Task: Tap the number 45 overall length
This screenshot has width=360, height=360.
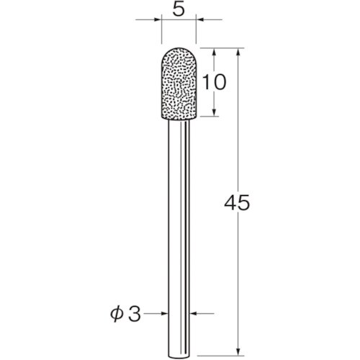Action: pos(238,204)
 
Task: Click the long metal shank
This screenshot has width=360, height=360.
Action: pos(178,216)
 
